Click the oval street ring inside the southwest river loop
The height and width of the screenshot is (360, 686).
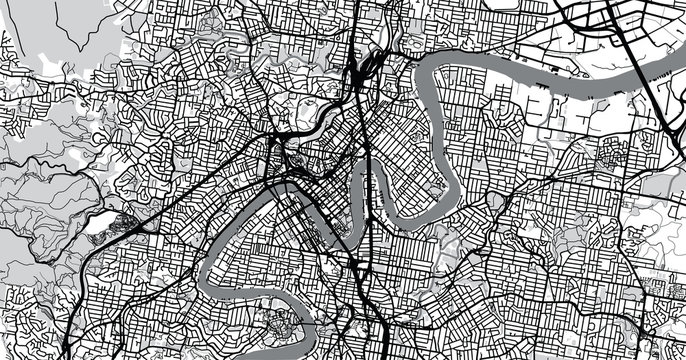(280, 326)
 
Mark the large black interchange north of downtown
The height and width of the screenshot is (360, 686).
(360, 75)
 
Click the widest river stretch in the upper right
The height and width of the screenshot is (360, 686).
(560, 75)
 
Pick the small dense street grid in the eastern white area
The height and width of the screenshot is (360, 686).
(610, 155)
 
